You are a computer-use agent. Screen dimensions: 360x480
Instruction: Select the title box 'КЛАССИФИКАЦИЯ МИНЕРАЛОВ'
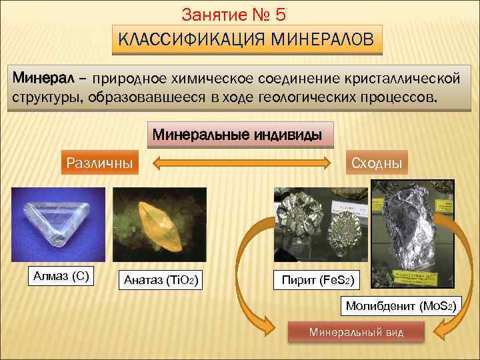click(246, 40)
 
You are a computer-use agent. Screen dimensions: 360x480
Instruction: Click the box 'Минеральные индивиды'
click(238, 135)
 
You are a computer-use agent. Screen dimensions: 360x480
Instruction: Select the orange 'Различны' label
click(97, 162)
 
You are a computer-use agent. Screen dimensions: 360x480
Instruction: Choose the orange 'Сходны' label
click(376, 162)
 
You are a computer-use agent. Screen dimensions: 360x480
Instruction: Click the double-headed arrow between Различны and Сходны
click(242, 162)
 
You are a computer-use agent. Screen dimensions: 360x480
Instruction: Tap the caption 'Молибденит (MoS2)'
click(400, 307)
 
